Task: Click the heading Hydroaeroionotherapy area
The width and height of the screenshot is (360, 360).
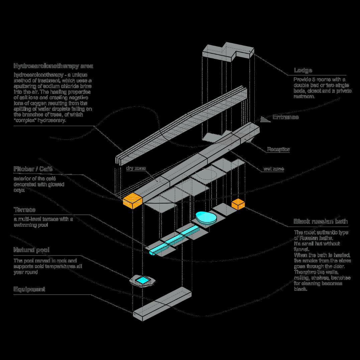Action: coord(53,66)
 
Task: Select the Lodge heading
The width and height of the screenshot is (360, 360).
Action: coord(303,70)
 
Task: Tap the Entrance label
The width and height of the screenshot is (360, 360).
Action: coord(285,117)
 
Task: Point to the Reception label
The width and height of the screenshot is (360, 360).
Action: coord(278,149)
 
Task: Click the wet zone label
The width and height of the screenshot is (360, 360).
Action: coord(273,169)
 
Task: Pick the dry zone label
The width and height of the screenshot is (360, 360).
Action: coord(136,168)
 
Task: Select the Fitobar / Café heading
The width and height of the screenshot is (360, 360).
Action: coord(33,169)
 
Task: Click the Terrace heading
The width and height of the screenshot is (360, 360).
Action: coord(24,210)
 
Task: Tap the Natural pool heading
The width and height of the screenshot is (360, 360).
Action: coord(31,250)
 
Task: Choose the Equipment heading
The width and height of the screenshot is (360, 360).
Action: coord(29,289)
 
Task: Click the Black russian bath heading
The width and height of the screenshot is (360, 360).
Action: coord(320,221)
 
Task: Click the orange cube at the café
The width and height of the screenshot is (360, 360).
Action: coord(132,200)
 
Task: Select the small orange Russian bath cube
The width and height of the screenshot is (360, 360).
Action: coord(238,204)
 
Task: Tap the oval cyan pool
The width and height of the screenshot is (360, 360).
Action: coord(205,218)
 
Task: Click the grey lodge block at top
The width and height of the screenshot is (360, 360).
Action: coord(227,52)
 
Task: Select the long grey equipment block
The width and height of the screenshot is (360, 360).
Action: coord(162,304)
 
